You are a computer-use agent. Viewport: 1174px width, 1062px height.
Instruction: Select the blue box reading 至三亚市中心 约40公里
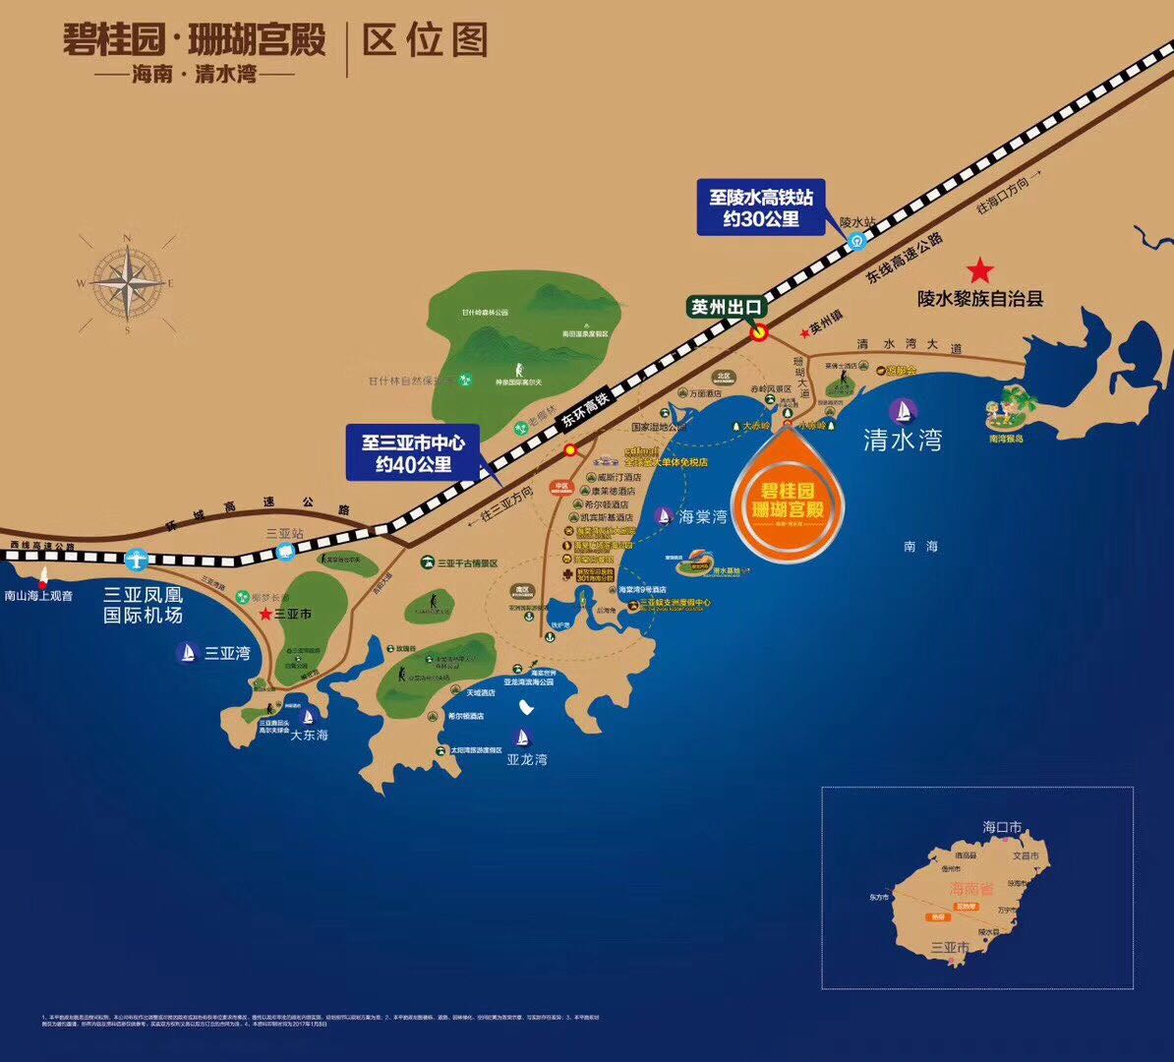pos(413,452)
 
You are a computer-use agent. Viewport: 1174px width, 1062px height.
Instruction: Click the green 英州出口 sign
pos(727,307)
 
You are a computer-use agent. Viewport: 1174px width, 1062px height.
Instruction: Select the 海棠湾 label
pos(702,516)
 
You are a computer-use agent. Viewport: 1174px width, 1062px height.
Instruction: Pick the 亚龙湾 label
pos(527,759)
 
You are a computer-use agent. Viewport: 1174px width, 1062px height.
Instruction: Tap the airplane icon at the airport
pos(137,560)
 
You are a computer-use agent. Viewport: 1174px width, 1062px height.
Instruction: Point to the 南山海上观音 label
pos(38,595)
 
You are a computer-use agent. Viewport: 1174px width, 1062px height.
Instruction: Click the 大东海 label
pos(308,735)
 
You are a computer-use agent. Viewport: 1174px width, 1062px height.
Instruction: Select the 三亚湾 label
pos(226,652)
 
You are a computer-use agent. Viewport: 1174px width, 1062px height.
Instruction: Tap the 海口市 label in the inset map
pos(1002,827)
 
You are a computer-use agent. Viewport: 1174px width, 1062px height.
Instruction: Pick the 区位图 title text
pos(425,41)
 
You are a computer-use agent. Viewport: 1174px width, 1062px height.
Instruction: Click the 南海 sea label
pos(920,546)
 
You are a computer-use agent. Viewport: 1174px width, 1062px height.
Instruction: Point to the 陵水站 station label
pos(856,223)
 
